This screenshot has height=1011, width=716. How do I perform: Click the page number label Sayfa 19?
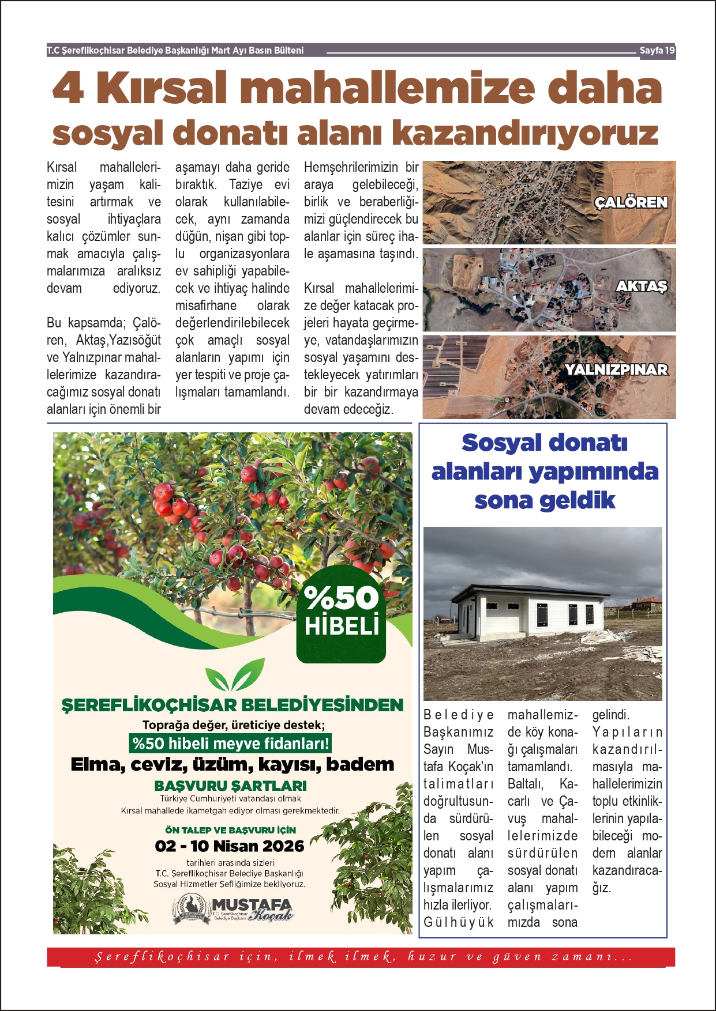point(657,51)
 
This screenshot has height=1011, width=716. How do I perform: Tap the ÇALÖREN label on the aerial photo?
point(631,203)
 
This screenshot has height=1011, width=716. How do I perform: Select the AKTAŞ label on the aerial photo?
point(642,286)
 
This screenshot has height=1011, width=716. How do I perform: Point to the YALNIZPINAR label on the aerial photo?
point(616,370)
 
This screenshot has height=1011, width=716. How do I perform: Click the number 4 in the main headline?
point(68,89)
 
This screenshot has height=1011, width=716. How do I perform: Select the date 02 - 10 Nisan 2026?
point(230,846)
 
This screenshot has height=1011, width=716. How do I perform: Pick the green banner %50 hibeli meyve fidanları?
point(231,744)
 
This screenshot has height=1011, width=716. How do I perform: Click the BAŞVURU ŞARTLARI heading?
point(231,786)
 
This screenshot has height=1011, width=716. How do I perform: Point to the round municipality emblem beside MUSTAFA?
point(192,909)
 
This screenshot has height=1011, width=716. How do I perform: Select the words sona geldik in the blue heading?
point(545,500)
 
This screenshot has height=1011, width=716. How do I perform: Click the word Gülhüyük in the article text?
point(459,922)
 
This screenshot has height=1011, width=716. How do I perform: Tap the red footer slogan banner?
point(361,957)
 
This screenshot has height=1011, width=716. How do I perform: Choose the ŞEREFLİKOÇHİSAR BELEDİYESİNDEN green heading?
point(233,705)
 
